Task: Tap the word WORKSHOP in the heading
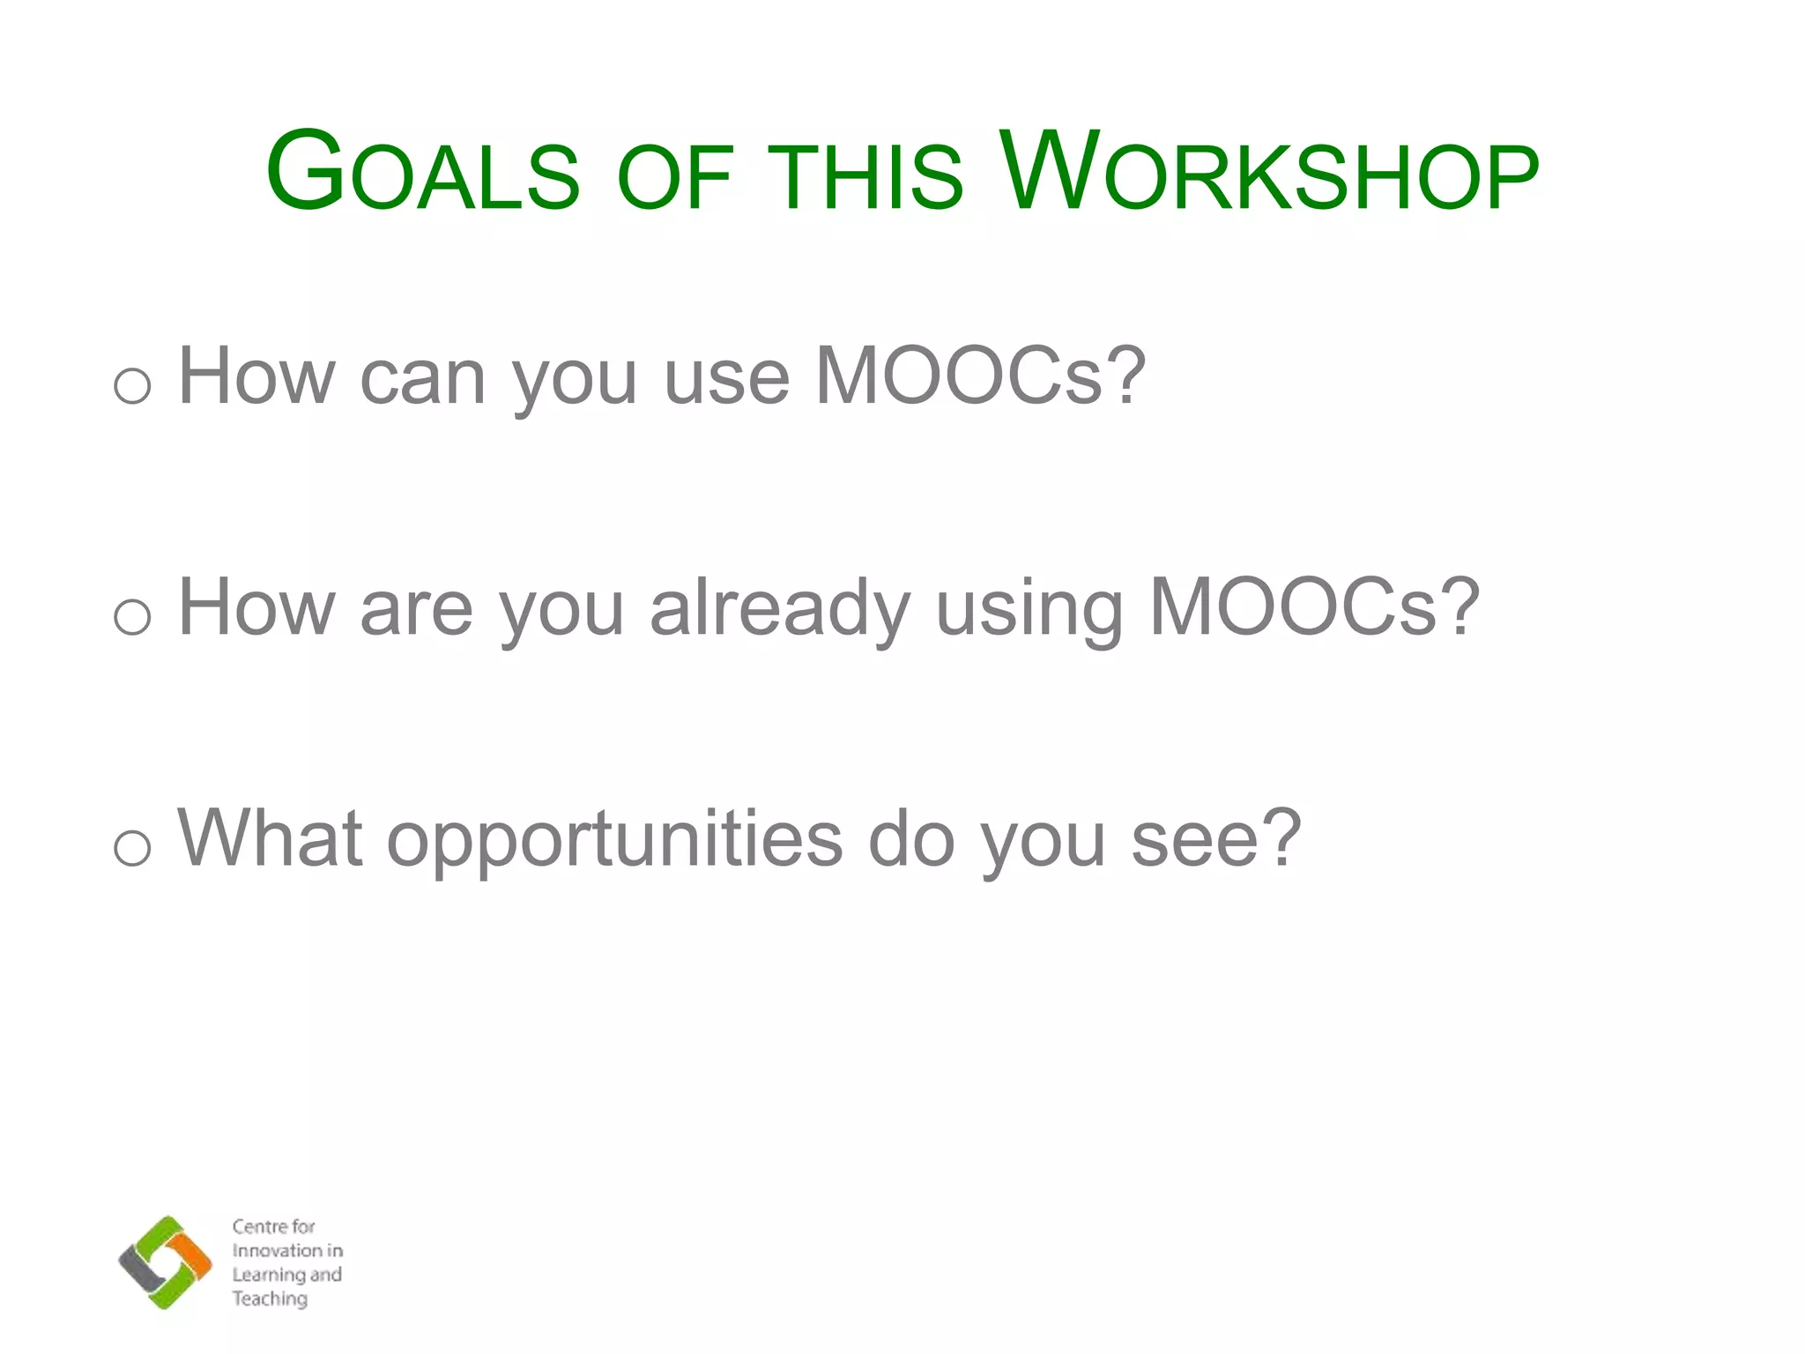[1269, 172]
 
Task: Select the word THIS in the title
[865, 176]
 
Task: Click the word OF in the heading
[675, 176]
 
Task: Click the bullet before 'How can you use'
[132, 385]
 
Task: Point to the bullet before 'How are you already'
[132, 616]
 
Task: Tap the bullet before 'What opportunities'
[132, 847]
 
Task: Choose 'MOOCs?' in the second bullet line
[1314, 608]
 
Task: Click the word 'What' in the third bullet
[270, 839]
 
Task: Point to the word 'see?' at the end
[1215, 839]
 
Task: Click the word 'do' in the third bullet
[911, 839]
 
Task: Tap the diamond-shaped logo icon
[165, 1262]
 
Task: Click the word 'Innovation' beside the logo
[276, 1251]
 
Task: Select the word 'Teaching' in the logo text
[270, 1298]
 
